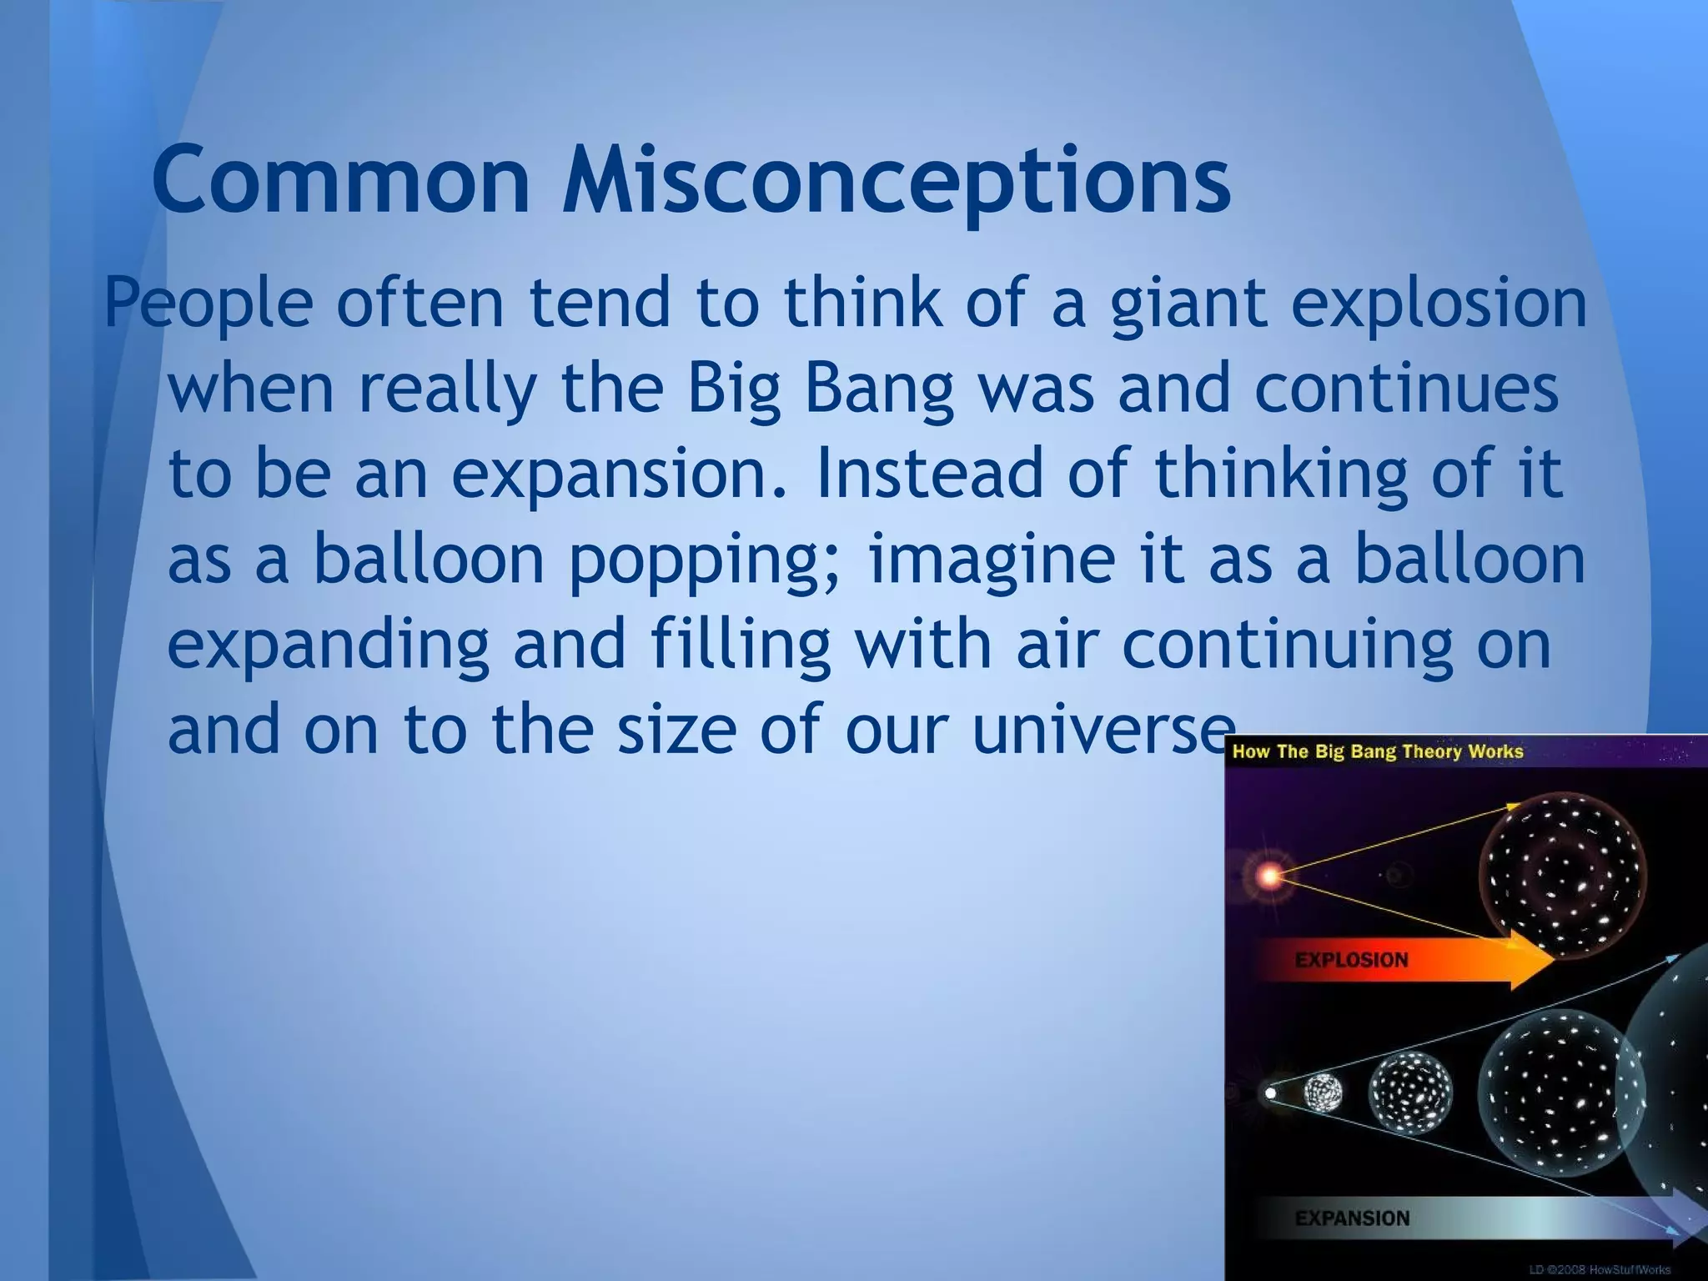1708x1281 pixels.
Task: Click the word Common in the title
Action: coord(340,179)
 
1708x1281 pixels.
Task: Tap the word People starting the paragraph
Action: coord(208,304)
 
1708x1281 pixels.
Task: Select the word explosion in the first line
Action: coord(1439,304)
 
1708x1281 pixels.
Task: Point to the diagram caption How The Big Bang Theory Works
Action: coord(1377,751)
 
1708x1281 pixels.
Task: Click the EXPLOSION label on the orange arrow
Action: coord(1351,960)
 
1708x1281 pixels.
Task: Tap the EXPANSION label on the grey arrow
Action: coord(1352,1218)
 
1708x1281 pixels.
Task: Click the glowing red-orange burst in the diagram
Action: coord(1268,877)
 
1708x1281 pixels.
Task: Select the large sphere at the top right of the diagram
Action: coord(1562,877)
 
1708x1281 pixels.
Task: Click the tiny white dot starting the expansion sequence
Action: coord(1270,1093)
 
